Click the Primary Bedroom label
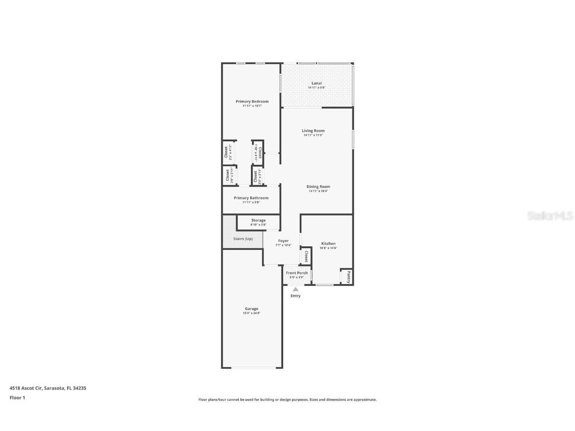tap(252, 101)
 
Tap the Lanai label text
tap(316, 83)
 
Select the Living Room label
tap(313, 131)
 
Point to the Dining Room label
tap(318, 187)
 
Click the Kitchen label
tap(328, 243)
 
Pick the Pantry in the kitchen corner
tap(348, 277)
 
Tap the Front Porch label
tap(296, 273)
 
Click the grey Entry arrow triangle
tap(295, 289)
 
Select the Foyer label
tap(283, 241)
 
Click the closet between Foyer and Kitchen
tap(305, 257)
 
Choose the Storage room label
tap(258, 220)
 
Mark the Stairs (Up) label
tap(243, 239)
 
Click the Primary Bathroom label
tap(251, 198)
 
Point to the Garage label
tap(252, 308)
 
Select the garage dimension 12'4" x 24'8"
tap(252, 313)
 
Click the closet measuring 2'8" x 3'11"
tap(229, 176)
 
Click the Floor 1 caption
tap(17, 398)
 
